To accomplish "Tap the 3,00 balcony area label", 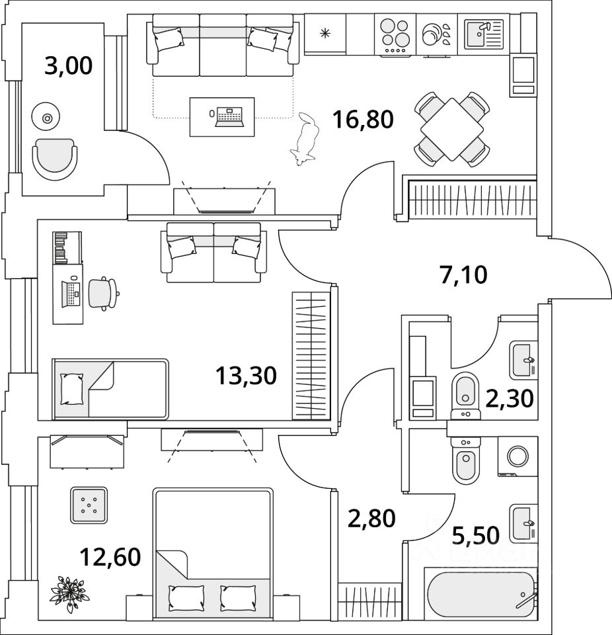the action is pyautogui.click(x=68, y=66).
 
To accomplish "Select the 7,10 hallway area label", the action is pyautogui.click(x=463, y=273).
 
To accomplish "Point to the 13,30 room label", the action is pyautogui.click(x=245, y=376).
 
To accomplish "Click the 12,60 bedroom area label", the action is pyautogui.click(x=110, y=557).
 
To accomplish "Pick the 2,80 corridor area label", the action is pyautogui.click(x=371, y=517).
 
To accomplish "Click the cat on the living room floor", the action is pyautogui.click(x=305, y=139).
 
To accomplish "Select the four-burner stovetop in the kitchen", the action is pyautogui.click(x=395, y=34).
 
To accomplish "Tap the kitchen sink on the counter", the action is pyautogui.click(x=484, y=34).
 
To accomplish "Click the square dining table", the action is pyautogui.click(x=451, y=129).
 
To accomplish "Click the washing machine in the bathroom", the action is pyautogui.click(x=517, y=456).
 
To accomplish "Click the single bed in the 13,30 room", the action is pyautogui.click(x=111, y=389).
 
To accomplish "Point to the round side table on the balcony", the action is pyautogui.click(x=47, y=118).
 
